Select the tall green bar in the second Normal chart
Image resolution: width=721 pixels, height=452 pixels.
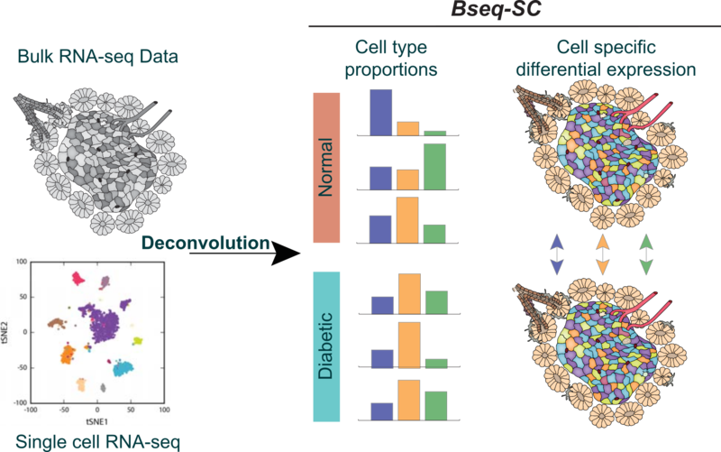coord(434,167)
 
